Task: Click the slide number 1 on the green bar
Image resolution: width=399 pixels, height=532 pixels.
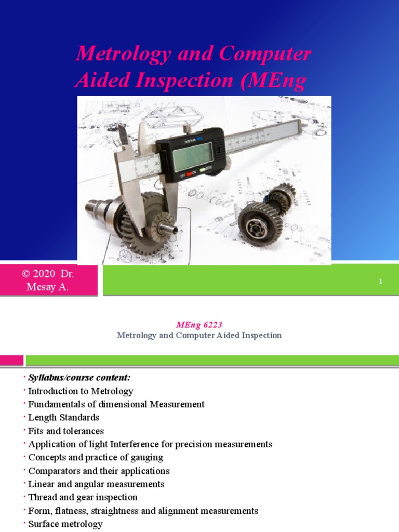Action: [x=380, y=282]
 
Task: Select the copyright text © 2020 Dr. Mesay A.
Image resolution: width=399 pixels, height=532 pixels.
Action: [x=48, y=281]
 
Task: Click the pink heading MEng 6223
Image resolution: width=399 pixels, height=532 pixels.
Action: [x=199, y=325]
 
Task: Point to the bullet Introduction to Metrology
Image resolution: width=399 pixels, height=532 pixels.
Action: [x=81, y=391]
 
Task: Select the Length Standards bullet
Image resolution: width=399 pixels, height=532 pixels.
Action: [x=63, y=418]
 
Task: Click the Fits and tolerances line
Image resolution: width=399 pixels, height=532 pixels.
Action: [x=66, y=431]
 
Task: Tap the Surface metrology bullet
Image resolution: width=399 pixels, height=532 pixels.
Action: [x=65, y=524]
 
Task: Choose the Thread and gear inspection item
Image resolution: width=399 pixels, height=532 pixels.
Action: [x=83, y=498]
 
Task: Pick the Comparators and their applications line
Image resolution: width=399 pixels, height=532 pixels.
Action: [x=99, y=471]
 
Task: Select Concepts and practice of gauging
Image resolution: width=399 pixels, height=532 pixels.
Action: [x=95, y=458]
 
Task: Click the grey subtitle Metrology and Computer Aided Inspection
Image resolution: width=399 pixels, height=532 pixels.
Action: [x=199, y=336]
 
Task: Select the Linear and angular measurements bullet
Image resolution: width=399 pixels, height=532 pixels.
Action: [x=96, y=484]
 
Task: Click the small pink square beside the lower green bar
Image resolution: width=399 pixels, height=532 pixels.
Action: [x=11, y=360]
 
